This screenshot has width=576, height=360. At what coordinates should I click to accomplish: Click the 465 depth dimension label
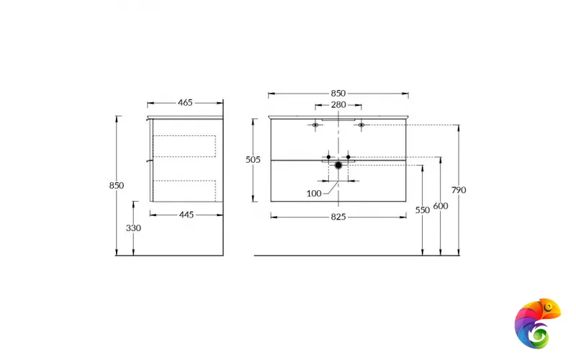coord(185,103)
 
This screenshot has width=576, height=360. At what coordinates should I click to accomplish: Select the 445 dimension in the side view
coord(186,215)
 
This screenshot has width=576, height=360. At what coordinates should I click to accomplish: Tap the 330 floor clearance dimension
coord(133,228)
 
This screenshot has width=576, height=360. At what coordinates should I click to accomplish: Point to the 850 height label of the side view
coord(116,185)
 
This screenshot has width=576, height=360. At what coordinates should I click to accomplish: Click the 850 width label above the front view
coord(338,94)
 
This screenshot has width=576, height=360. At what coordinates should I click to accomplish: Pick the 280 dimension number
coord(338,105)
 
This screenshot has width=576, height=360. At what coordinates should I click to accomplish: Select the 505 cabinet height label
coord(253,160)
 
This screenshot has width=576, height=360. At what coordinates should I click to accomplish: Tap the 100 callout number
coord(314,193)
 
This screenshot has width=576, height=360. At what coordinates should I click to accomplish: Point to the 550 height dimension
coord(422,210)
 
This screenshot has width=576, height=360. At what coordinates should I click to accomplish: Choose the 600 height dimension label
coord(441,207)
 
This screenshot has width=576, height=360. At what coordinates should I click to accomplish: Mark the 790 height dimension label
coord(459,190)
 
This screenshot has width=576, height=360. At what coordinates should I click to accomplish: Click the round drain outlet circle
coord(338,166)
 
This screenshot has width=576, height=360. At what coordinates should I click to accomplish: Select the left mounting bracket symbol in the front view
coord(315,125)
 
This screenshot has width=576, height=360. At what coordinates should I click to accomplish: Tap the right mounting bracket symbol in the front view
coord(361,125)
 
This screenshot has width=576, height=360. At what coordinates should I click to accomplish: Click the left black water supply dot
coord(328,156)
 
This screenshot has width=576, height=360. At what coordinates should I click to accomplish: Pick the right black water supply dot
coord(348,156)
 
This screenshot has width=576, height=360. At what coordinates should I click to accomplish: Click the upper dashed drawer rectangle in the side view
coord(185,146)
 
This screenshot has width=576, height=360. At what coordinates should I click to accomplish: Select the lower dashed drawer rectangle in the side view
coord(185,190)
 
